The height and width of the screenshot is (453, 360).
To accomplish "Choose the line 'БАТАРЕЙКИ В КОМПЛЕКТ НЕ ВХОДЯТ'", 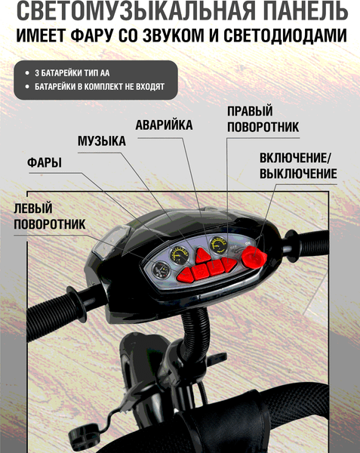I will pos(99,87).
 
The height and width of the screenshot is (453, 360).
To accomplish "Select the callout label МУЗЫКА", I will pos(101,142).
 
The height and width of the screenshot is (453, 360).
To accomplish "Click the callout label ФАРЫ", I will pos(44,163).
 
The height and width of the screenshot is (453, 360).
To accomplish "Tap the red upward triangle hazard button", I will pos(202,255).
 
